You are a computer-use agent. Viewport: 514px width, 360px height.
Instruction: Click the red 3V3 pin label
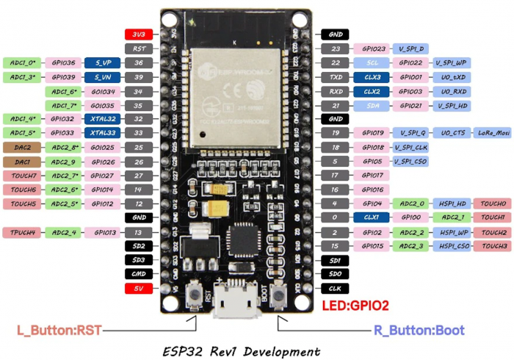coord(139,34)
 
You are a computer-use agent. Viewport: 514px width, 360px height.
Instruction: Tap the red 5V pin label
coord(139,289)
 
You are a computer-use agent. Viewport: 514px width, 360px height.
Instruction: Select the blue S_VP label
coord(102,63)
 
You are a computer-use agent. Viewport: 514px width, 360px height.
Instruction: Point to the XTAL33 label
coord(102,133)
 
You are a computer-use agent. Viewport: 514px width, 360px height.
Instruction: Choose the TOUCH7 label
coord(22,176)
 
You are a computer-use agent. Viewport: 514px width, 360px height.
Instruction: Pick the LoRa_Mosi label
coord(492,133)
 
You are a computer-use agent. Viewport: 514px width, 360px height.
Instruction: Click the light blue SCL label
coord(372,63)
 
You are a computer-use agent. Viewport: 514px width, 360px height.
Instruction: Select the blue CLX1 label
coord(372,217)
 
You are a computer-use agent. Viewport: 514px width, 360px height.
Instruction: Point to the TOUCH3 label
coord(492,246)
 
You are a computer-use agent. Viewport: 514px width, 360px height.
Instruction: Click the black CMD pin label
coord(139,274)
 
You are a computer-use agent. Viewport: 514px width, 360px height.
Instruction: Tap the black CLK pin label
coord(335,289)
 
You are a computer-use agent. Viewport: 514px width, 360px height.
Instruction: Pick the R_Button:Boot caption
coord(419,330)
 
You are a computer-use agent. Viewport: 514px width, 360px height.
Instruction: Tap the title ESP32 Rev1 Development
coord(243,350)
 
